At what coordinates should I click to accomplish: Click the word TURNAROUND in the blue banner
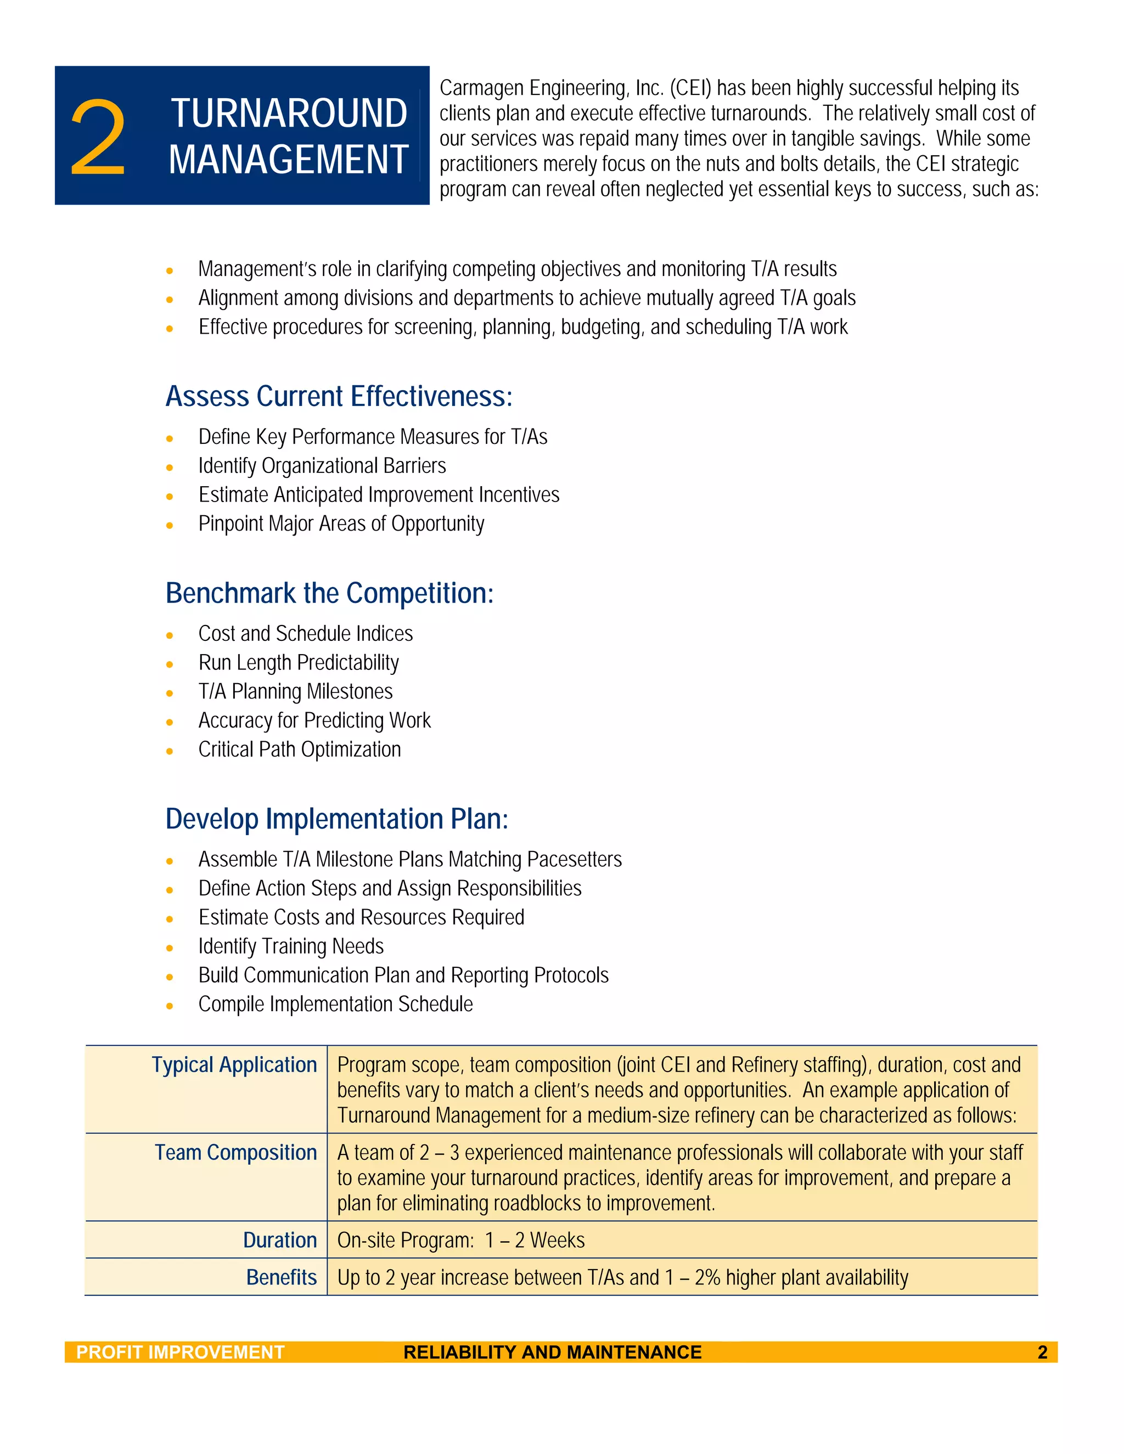click(289, 112)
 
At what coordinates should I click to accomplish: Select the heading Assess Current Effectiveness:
click(339, 396)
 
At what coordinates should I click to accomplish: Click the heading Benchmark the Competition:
click(330, 593)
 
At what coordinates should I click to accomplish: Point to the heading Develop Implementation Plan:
click(336, 819)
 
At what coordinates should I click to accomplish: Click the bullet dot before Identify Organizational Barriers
click(170, 467)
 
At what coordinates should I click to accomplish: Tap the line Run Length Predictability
click(299, 662)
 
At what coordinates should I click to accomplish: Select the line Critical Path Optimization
click(300, 749)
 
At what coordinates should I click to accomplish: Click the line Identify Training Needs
click(291, 946)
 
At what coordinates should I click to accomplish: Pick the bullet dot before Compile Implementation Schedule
click(170, 1006)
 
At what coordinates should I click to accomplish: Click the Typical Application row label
click(234, 1064)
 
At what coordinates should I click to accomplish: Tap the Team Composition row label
click(235, 1152)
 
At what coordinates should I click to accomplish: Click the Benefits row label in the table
click(281, 1277)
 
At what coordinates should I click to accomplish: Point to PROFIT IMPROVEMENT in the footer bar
click(181, 1352)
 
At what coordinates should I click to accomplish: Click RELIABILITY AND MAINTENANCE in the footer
click(552, 1352)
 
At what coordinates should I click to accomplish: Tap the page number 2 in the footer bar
click(1042, 1352)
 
